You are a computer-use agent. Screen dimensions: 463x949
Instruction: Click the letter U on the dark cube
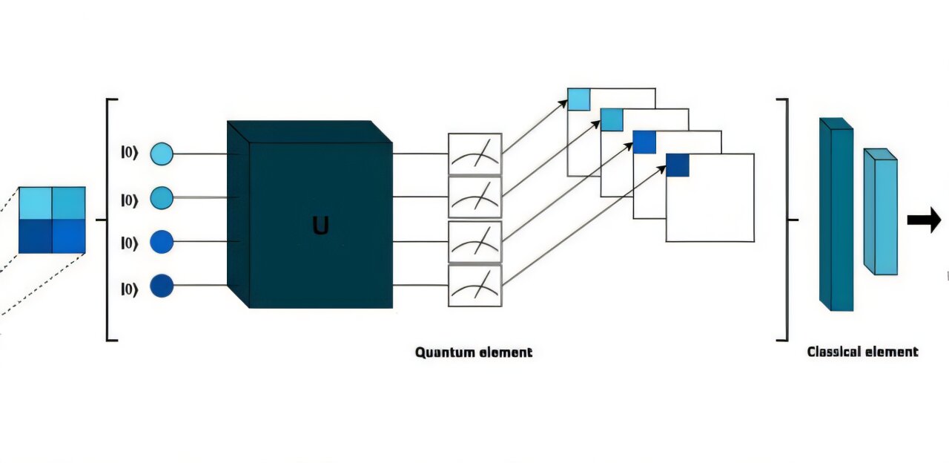[320, 226]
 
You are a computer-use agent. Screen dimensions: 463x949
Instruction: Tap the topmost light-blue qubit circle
[162, 154]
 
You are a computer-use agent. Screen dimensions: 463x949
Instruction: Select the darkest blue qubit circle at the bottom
[162, 286]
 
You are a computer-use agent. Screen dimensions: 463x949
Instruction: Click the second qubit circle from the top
[162, 197]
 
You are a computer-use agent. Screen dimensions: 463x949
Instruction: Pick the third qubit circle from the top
[162, 242]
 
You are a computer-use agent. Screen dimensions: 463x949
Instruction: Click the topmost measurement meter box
[474, 154]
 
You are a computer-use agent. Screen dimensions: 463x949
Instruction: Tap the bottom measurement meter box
[474, 286]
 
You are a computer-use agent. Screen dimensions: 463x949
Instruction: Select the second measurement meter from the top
[474, 197]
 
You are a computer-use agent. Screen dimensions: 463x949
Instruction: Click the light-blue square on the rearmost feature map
[578, 99]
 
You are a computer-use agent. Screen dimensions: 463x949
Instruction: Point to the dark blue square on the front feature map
[677, 165]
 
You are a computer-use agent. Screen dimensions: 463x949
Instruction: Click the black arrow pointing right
[924, 220]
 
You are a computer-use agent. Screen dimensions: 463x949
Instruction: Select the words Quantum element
[473, 352]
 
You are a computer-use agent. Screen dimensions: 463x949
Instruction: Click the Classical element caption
[862, 352]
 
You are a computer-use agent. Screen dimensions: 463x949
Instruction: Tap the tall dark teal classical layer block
[836, 215]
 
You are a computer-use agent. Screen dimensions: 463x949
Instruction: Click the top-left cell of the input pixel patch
[35, 203]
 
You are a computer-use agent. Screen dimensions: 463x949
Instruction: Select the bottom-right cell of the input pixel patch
[68, 237]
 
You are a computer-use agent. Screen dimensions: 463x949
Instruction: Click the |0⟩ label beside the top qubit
[130, 154]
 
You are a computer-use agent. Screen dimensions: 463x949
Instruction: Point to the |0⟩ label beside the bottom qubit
[130, 289]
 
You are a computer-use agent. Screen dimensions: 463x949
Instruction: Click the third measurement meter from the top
[474, 242]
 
